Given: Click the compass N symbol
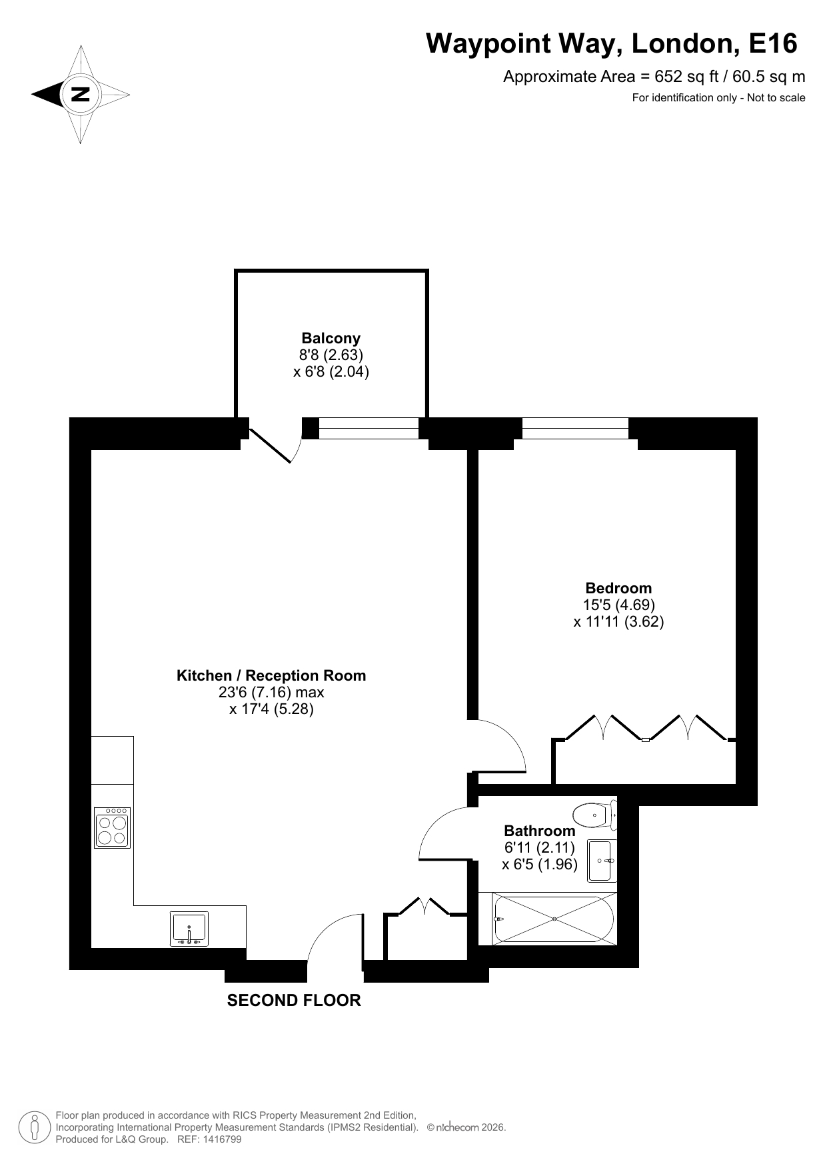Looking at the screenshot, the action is [81, 94].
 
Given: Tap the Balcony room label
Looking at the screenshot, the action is [331, 338].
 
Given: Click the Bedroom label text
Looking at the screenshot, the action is [618, 588].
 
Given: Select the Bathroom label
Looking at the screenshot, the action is [540, 831].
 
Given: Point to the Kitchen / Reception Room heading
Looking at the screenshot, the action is [271, 675].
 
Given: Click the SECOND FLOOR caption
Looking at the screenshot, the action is [294, 1000].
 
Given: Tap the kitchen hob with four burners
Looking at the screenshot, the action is [113, 827].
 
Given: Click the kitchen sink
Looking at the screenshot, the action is [189, 929].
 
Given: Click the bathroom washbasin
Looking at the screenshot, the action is [600, 861].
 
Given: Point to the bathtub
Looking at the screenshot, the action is [554, 919].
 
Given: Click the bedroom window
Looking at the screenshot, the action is [575, 428].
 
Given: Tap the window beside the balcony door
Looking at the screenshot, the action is [369, 428].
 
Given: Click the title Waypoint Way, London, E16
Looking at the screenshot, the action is [612, 43].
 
